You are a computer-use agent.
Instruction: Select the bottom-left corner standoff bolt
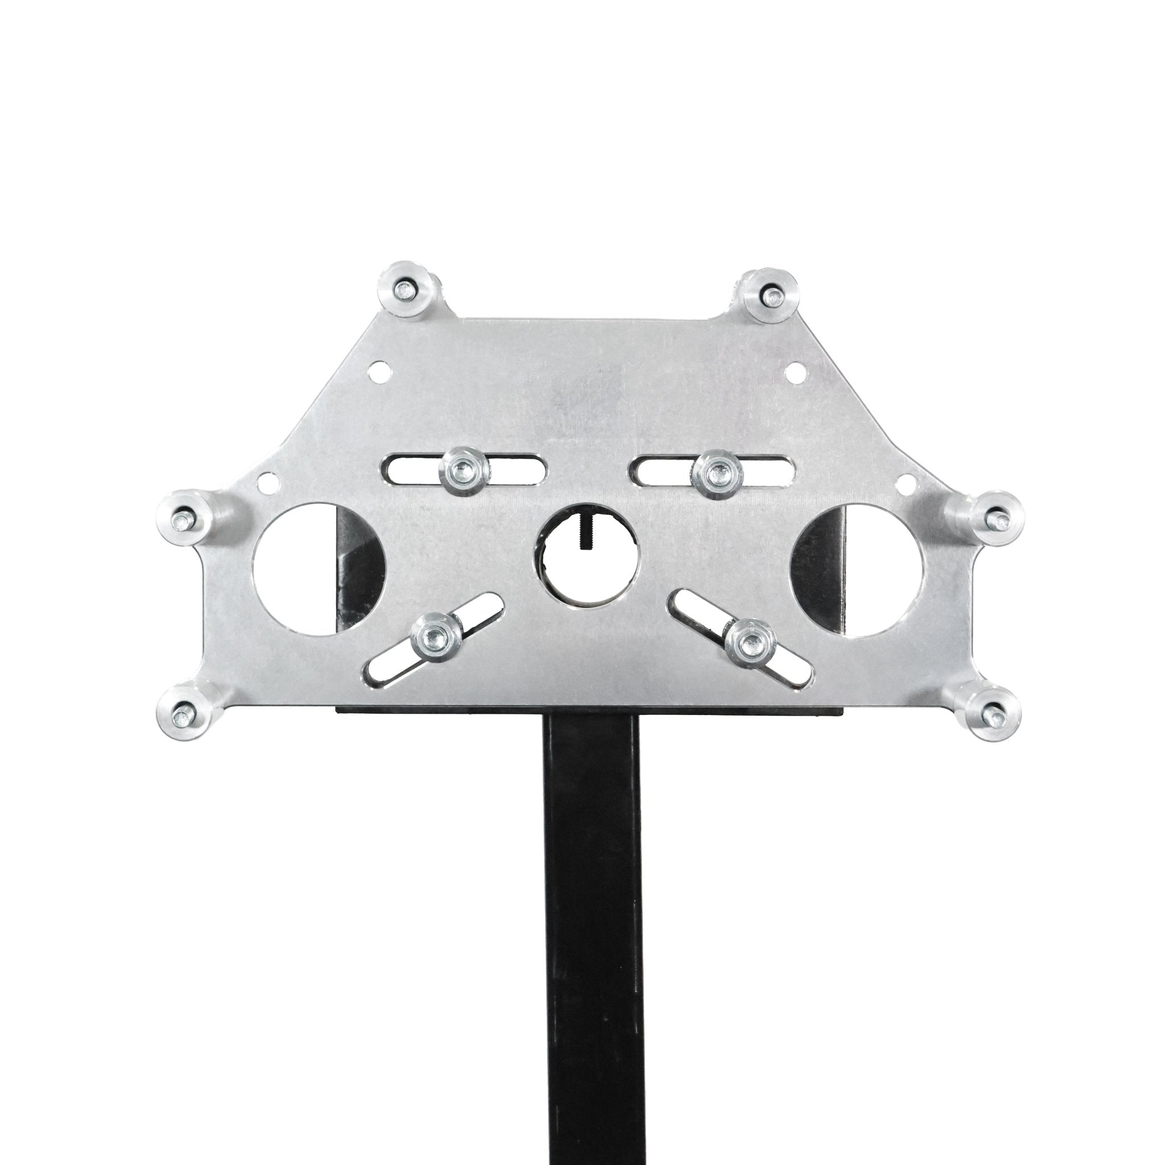click(181, 716)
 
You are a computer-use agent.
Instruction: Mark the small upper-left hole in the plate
click(380, 367)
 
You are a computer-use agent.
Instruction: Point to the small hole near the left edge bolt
click(265, 482)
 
